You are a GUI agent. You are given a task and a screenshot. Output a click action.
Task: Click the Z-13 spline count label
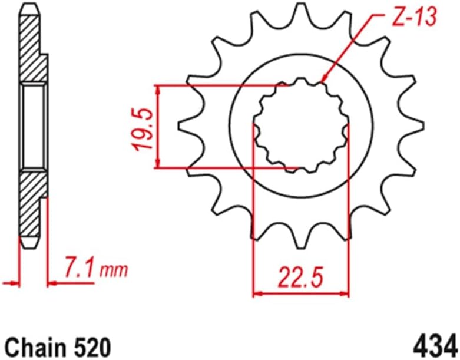[412, 18]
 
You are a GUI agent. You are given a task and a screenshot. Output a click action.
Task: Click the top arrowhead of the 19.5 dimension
[158, 88]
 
